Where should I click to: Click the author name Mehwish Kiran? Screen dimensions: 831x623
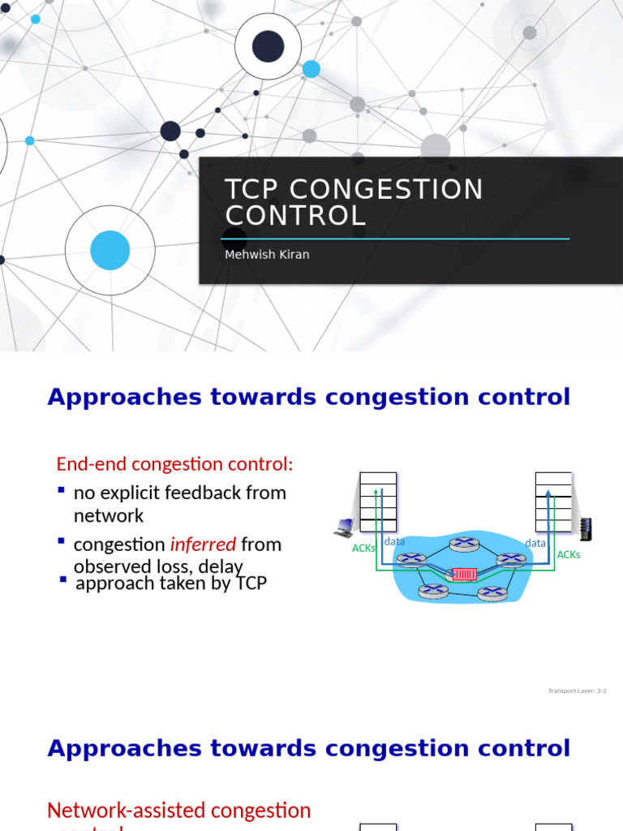coord(267,255)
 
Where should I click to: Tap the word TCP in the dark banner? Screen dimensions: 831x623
coord(251,190)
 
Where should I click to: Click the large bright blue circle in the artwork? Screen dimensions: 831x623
coord(110,250)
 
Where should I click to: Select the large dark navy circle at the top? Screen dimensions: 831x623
coord(268,46)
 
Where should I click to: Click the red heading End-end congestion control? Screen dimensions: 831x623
coord(174,464)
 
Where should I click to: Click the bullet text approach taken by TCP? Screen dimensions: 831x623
coord(170,583)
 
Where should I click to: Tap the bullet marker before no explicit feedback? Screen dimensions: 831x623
coord(62,491)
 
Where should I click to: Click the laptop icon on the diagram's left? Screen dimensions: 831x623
coord(342,529)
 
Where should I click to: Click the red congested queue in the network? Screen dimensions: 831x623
coord(464,575)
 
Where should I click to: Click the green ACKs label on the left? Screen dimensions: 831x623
coord(363,548)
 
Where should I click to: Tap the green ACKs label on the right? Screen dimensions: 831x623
coord(568,555)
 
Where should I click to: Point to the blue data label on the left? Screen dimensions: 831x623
coord(394,541)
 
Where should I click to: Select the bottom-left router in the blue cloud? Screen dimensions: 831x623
coord(432,591)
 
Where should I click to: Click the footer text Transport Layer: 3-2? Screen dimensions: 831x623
coord(577,691)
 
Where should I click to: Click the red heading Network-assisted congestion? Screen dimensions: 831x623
coord(178,810)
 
